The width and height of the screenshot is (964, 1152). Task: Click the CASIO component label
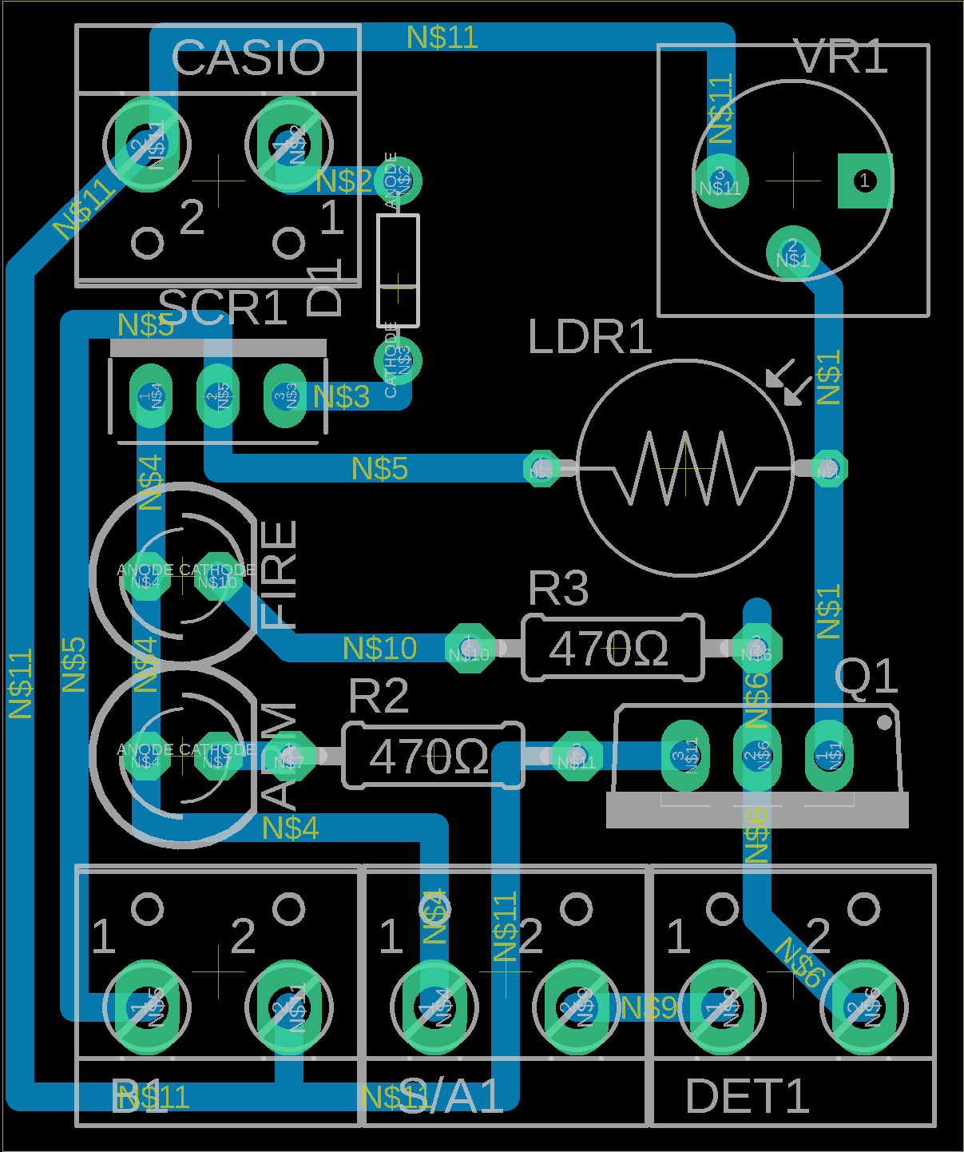248,58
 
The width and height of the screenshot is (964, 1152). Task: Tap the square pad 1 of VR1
864,181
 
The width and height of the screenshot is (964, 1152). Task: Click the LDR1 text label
590,337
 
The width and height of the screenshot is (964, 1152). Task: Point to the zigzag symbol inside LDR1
684,468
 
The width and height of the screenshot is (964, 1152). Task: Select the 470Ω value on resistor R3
609,649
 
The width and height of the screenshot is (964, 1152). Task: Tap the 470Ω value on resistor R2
429,757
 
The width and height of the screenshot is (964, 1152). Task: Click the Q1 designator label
867,677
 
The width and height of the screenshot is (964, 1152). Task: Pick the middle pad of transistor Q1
756,755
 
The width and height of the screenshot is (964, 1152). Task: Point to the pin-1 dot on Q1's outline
884,722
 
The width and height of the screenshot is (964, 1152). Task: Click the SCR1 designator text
223,308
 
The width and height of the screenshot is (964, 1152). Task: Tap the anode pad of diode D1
397,180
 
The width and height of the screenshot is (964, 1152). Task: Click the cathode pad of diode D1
397,361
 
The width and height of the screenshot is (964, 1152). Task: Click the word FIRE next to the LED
280,574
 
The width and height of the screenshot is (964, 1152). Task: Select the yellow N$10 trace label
379,649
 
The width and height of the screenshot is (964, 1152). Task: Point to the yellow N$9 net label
649,1008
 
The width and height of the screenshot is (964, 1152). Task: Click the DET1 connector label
748,1096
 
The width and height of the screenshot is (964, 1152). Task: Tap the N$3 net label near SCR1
341,396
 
